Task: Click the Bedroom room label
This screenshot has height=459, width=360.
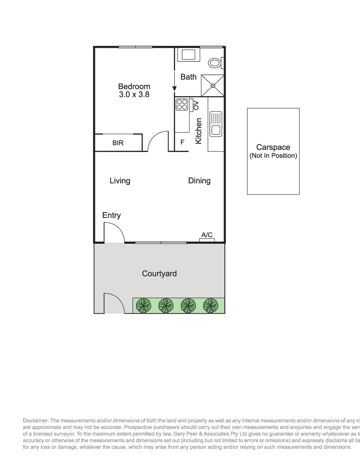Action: [x=134, y=86]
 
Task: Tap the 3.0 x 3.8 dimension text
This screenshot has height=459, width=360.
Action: [x=134, y=95]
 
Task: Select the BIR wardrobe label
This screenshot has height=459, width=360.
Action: [x=118, y=143]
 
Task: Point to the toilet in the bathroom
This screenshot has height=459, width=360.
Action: [x=216, y=63]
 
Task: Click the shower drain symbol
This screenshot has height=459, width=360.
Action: [x=213, y=85]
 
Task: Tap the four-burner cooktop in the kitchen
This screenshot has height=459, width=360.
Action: [x=182, y=105]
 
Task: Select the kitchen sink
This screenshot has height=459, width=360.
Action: [x=216, y=124]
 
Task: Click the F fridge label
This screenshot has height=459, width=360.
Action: [x=183, y=142]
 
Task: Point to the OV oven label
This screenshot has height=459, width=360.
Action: [x=196, y=105]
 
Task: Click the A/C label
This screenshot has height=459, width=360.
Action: [x=207, y=235]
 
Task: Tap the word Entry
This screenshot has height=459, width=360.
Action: [x=111, y=215]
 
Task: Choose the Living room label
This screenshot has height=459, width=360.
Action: [x=120, y=181]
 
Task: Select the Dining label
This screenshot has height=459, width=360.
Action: [x=199, y=181]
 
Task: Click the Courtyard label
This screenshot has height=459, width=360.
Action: [x=159, y=273]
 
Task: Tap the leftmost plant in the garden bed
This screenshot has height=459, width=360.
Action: [x=143, y=305]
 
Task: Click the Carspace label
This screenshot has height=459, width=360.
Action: [x=273, y=147]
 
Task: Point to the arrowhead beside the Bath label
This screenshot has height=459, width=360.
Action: [x=174, y=89]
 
